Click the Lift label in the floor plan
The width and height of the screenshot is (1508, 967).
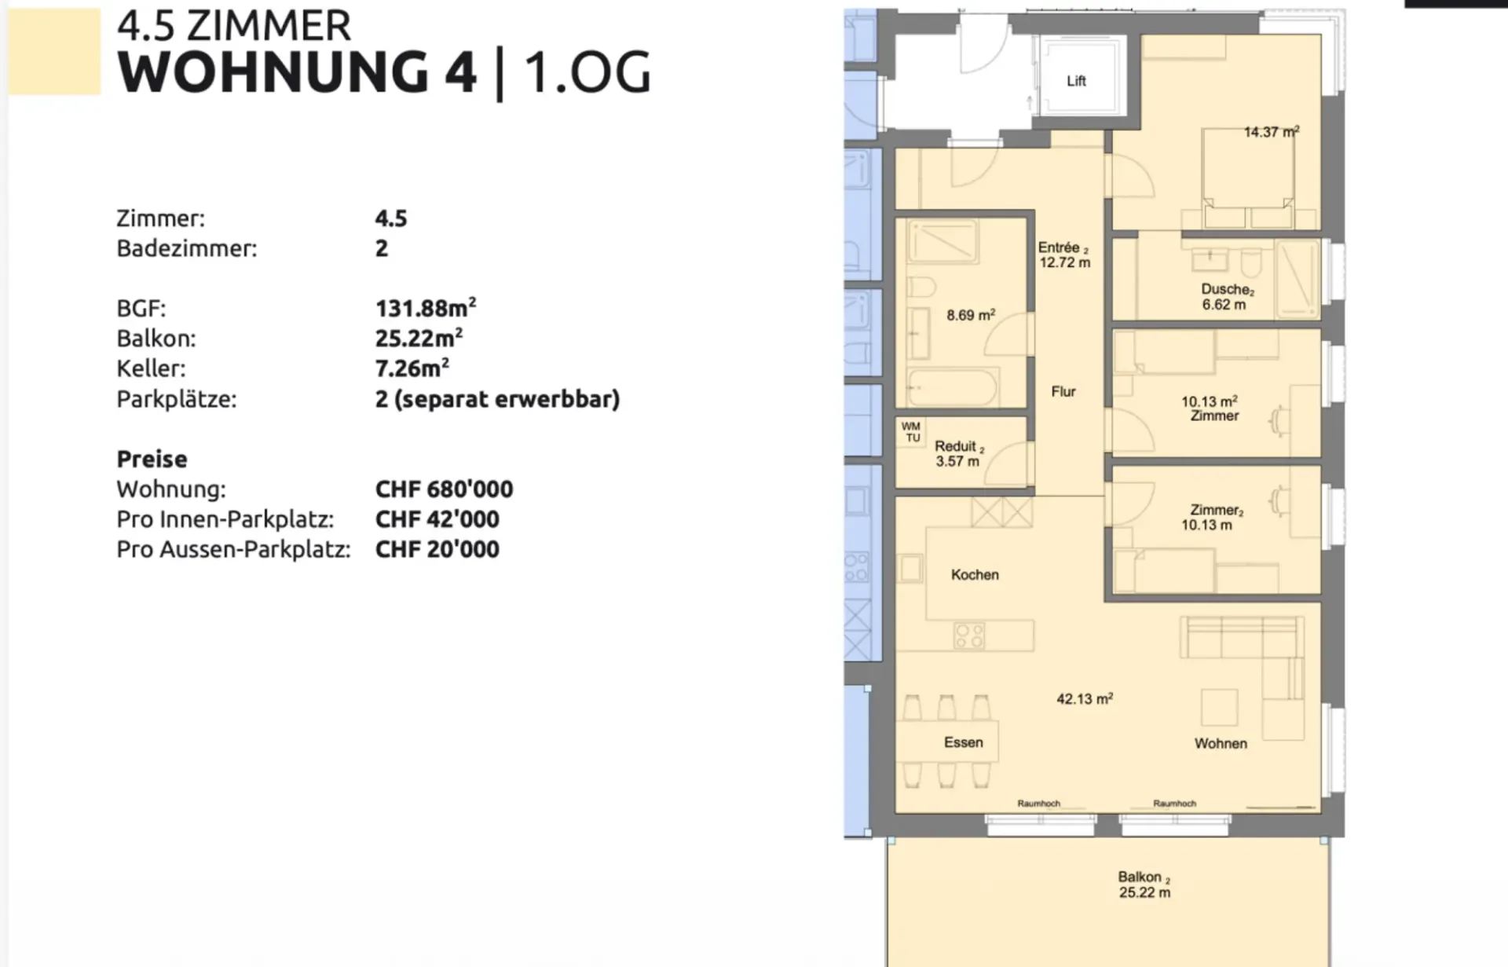(x=1076, y=81)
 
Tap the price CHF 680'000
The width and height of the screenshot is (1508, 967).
(x=444, y=489)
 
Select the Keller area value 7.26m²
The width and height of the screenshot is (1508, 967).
(x=412, y=368)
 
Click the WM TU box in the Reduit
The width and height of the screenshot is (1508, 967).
(x=912, y=432)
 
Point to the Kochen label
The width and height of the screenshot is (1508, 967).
(x=975, y=575)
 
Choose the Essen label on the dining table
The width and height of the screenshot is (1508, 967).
(x=963, y=742)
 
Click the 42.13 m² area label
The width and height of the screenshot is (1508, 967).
(x=1085, y=698)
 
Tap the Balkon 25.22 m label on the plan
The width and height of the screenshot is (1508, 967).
(x=1144, y=885)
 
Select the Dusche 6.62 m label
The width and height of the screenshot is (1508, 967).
(x=1227, y=297)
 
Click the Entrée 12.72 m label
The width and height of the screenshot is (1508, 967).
(x=1064, y=255)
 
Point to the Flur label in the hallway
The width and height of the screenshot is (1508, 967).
(x=1063, y=391)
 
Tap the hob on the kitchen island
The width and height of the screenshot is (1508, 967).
(x=969, y=635)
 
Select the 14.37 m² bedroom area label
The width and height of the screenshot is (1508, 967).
(x=1272, y=132)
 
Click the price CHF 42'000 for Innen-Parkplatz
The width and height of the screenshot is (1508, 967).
(x=437, y=519)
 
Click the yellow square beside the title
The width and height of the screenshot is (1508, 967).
(x=54, y=51)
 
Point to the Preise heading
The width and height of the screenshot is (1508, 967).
(x=152, y=459)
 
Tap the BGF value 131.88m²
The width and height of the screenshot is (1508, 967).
(x=426, y=307)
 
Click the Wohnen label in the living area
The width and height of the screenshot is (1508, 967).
(x=1221, y=743)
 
